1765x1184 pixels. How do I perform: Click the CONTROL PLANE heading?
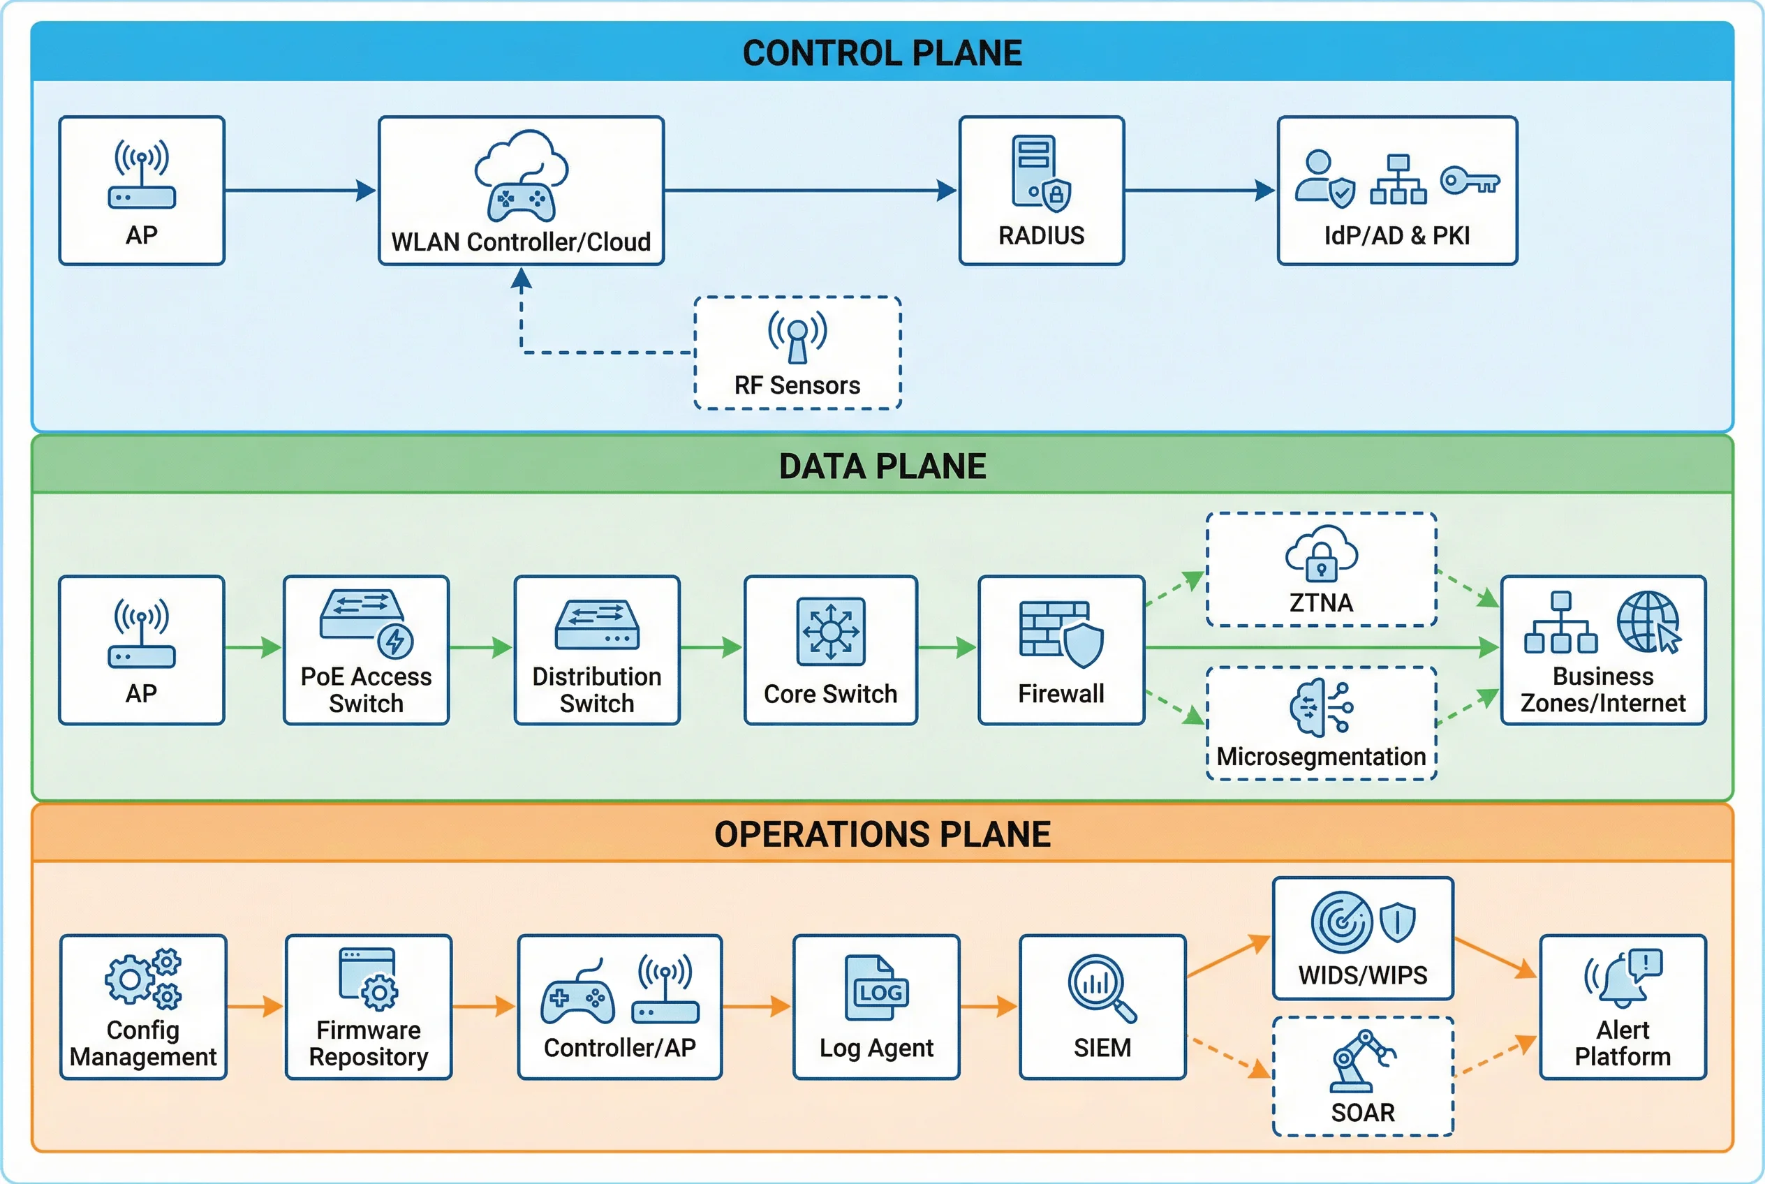pos(881,54)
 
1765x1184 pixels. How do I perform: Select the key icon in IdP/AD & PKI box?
pos(1468,182)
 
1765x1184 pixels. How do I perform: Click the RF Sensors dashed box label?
pos(797,385)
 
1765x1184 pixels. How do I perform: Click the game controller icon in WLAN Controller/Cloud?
pos(520,201)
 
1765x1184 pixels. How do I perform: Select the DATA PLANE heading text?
pos(881,466)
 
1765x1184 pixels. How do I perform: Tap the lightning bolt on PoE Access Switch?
pos(395,641)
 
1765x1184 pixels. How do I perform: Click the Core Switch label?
pos(830,694)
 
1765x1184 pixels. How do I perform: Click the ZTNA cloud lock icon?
pos(1321,554)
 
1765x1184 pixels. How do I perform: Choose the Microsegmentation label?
pos(1321,757)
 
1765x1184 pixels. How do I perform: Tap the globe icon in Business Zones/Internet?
pos(1648,621)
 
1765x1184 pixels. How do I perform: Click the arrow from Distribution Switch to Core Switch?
pos(711,647)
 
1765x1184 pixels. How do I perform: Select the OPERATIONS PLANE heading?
pos(881,834)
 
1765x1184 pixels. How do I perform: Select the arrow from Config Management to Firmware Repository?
pos(256,1007)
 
